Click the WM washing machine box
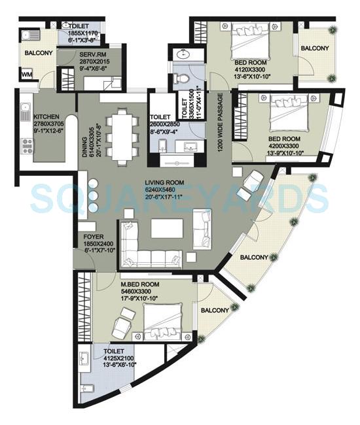point(27,76)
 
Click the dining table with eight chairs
point(122,134)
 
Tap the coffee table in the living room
point(168,228)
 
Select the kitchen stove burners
point(28,145)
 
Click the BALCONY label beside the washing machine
point(39,52)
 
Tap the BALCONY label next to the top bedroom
point(315,48)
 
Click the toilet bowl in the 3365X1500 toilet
point(183,79)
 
